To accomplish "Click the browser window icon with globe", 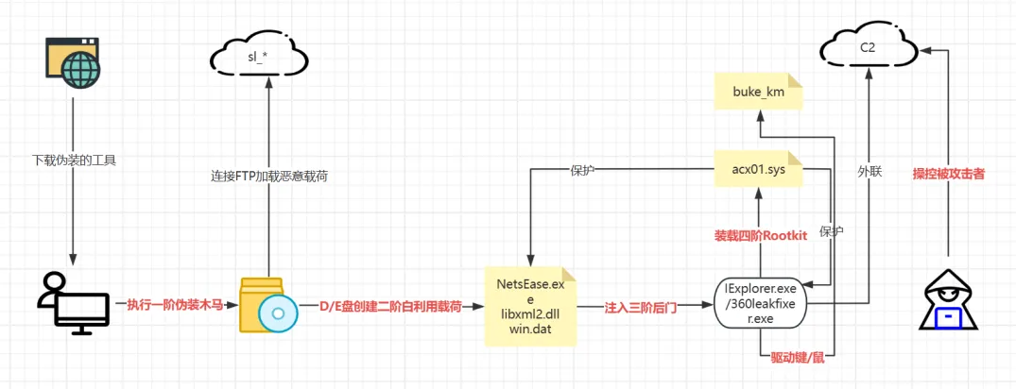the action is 73,63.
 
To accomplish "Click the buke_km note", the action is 758,92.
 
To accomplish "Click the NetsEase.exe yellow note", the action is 530,305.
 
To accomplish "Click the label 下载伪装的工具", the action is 73,160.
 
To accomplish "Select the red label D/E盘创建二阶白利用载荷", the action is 390,306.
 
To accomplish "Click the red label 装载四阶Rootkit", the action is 760,236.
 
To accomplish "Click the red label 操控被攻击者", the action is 949,174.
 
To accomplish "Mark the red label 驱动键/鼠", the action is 798,357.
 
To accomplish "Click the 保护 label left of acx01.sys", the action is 584,170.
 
